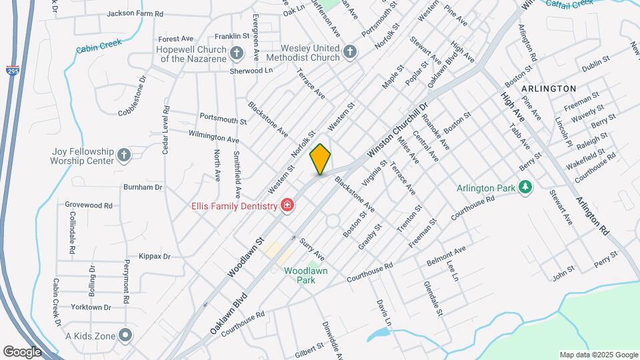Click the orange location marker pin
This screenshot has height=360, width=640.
point(320,159)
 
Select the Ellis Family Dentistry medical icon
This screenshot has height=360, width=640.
point(287,206)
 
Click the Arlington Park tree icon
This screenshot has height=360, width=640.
point(526,187)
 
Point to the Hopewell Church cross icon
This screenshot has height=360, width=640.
point(236,53)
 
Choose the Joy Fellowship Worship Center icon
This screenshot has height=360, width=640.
point(123,156)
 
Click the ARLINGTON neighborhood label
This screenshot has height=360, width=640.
point(549,88)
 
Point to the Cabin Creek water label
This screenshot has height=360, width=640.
point(99,47)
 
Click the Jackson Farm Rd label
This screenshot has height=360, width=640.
point(135,13)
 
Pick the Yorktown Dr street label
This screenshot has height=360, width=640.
point(89,307)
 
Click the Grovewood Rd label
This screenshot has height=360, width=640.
point(89,205)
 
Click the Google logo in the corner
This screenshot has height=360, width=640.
point(22,351)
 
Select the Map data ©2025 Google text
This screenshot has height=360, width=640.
point(597,355)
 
